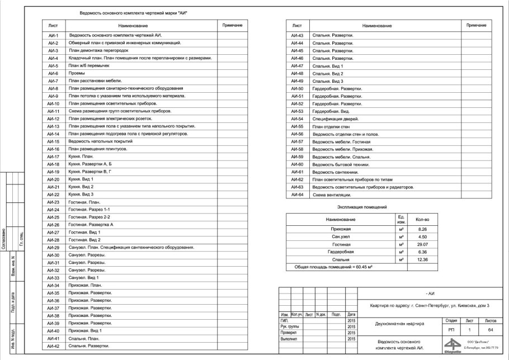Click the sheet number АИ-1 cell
point(54,35)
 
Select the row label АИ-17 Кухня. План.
point(54,157)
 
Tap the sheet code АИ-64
point(298,195)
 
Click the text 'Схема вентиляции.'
point(332,195)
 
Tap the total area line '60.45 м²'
point(330,267)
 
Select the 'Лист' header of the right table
point(298,26)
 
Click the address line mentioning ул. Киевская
point(430,306)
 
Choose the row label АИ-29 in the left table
point(54,248)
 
